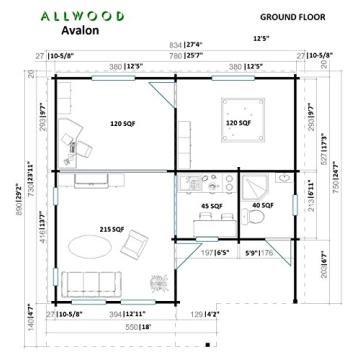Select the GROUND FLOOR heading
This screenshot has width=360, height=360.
(291, 17)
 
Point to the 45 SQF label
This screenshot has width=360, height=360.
(213, 206)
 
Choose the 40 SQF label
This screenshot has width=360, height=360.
(262, 206)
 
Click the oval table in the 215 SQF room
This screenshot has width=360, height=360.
(91, 244)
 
